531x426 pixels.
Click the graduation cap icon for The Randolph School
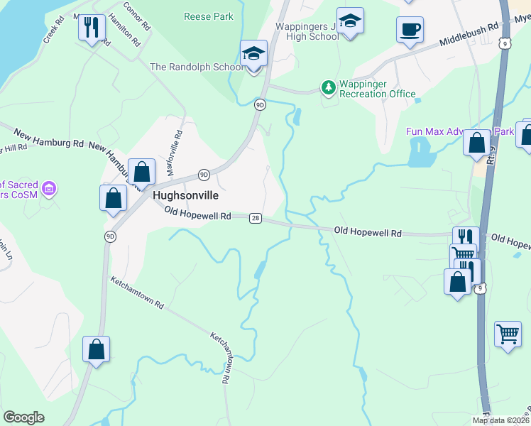tap(253, 53)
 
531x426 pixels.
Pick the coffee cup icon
tap(410, 29)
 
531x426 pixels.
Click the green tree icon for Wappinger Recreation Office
tap(328, 87)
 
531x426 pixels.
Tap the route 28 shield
tap(255, 219)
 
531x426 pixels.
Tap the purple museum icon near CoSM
tap(49, 189)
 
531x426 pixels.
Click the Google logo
tap(23, 417)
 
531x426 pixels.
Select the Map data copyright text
tap(501, 420)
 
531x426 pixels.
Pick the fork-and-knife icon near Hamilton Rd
tap(92, 28)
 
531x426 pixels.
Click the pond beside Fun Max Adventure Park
tap(420, 152)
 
